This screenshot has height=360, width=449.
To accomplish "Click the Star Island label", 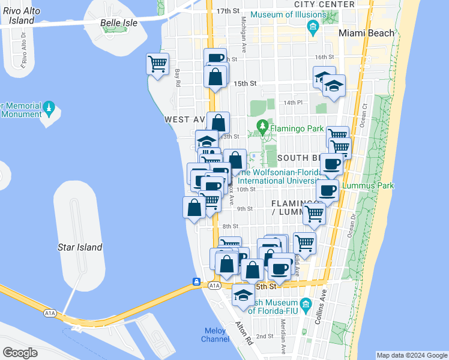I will [x=80, y=247].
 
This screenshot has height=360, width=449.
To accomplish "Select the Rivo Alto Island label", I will [x=17, y=15].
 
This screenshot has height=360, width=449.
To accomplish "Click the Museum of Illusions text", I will [x=286, y=14].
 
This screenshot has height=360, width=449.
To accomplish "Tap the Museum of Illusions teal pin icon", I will [x=312, y=27].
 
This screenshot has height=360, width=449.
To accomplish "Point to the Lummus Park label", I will [x=367, y=185].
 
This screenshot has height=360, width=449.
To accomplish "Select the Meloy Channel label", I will [x=215, y=335].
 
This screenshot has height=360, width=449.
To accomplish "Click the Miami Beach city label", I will [x=366, y=33].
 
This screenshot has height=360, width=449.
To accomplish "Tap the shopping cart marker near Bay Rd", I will [x=157, y=64].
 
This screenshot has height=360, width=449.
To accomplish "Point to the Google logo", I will [x=20, y=353].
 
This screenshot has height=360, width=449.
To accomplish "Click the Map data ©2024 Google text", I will [x=411, y=355].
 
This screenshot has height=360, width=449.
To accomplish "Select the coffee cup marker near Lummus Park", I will [x=327, y=191].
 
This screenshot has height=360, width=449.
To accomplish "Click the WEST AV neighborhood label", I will [x=185, y=120].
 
